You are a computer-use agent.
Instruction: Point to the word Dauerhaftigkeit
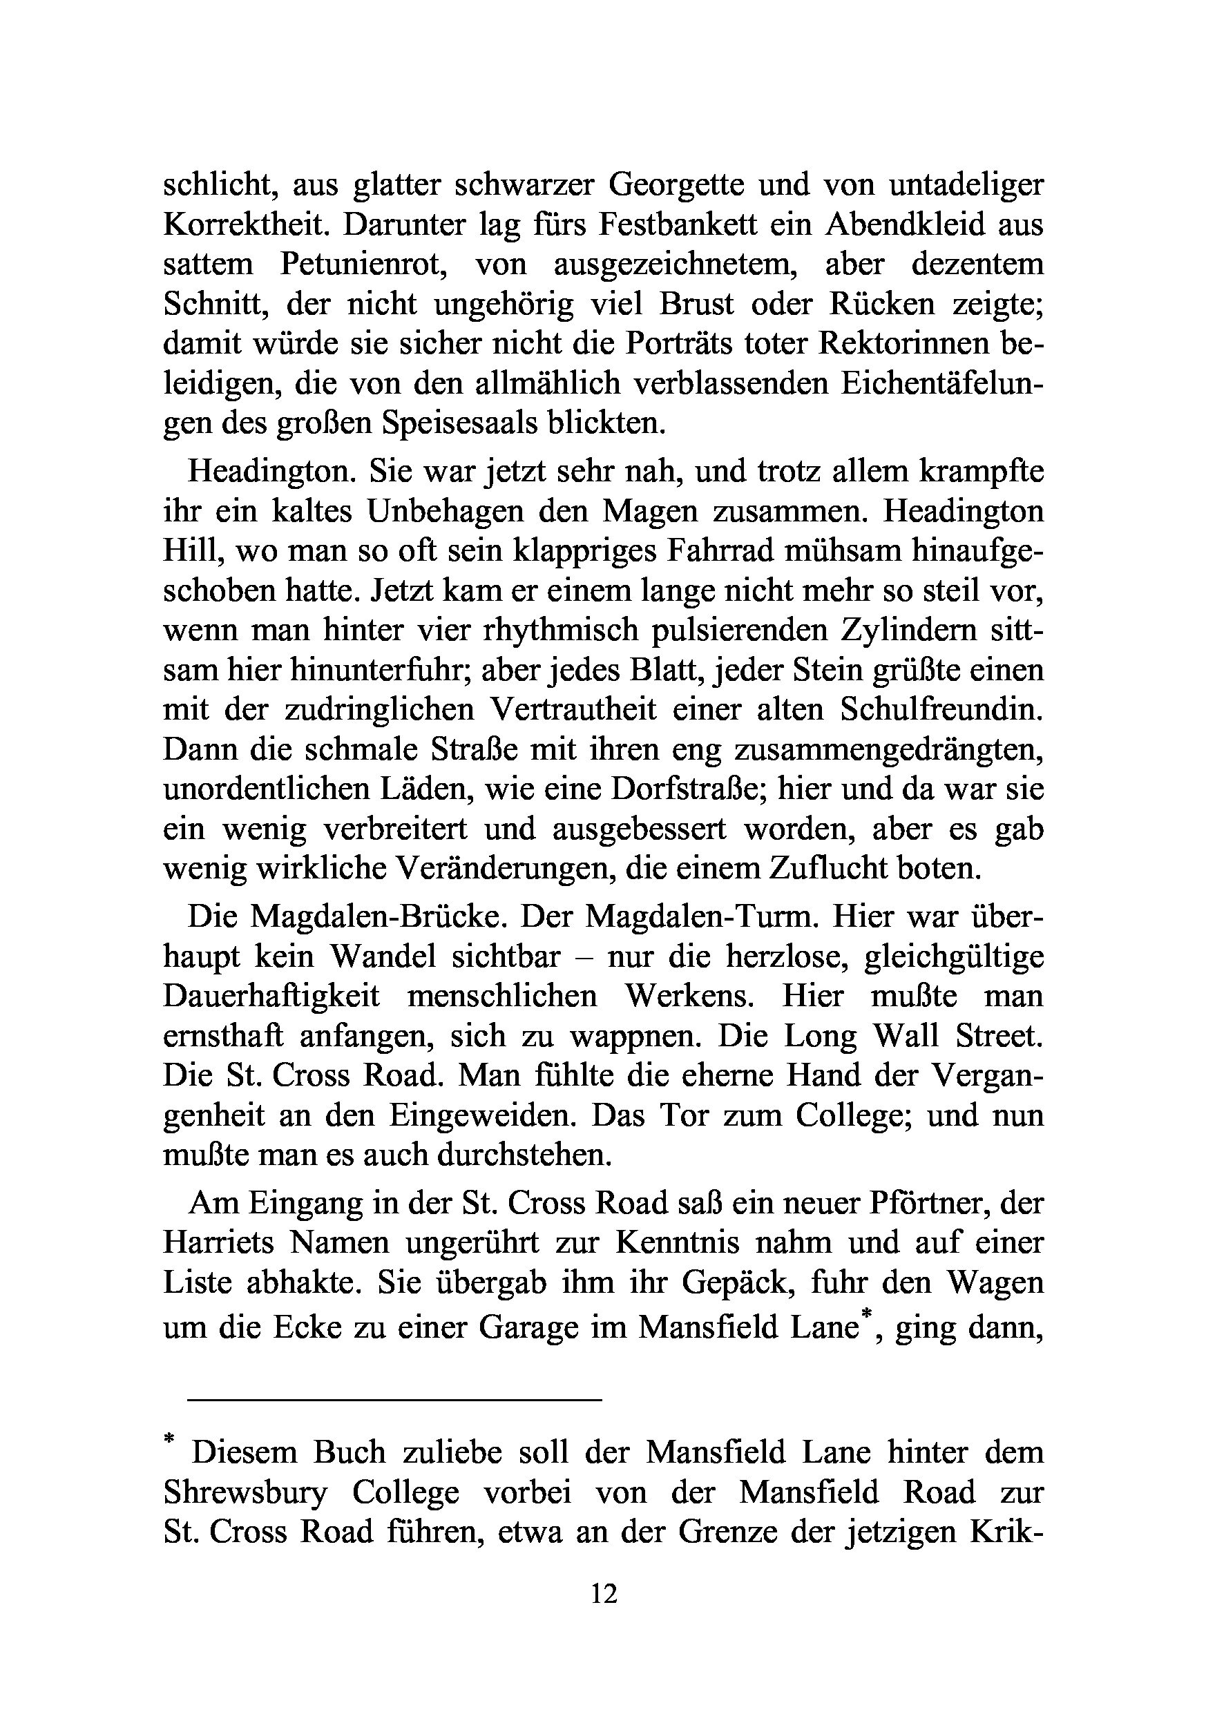(x=271, y=996)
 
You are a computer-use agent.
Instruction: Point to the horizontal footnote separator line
(x=394, y=1401)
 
